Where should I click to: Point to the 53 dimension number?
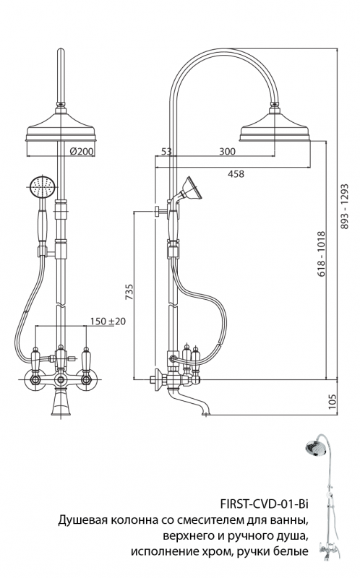pos(166,152)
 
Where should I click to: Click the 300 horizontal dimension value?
pos(228,152)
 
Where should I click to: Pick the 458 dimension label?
pos(235,173)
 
